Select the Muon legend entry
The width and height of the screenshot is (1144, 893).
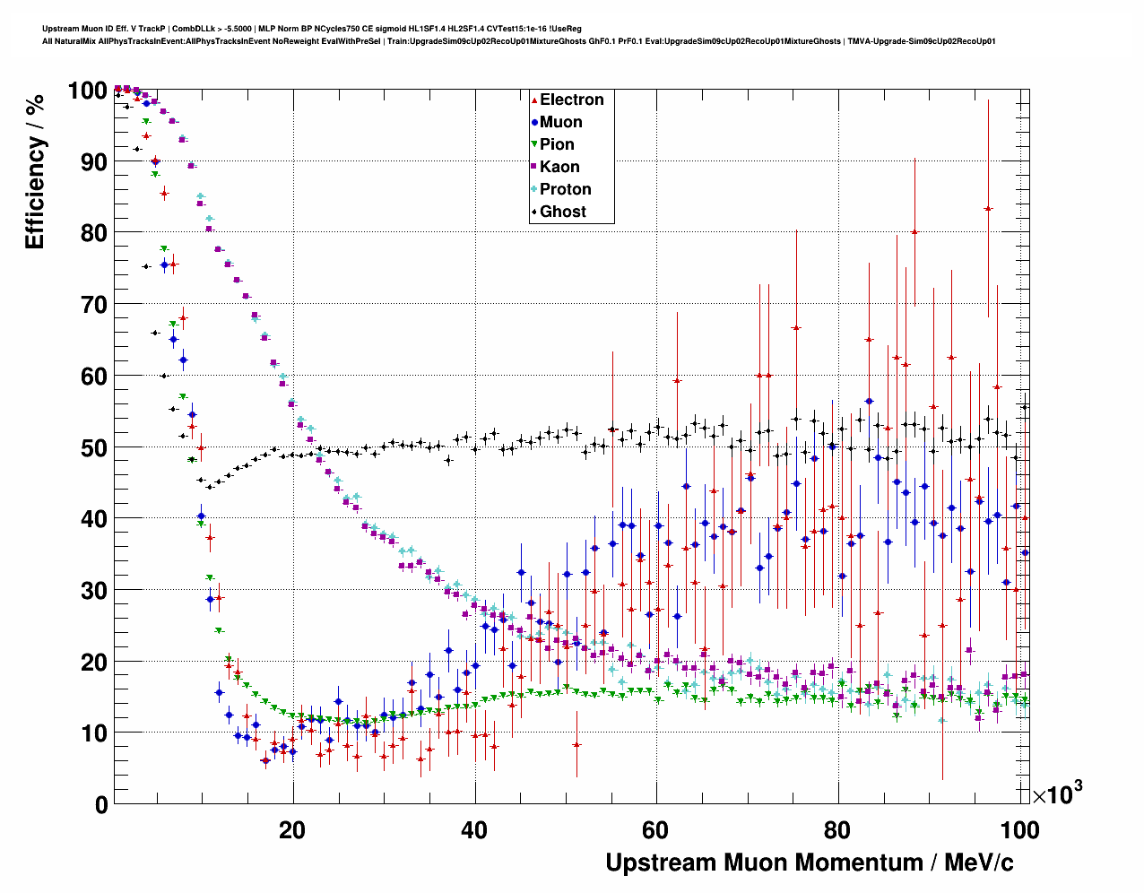tap(560, 122)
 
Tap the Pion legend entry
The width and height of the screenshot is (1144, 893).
tap(556, 144)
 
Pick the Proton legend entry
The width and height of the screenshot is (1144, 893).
tap(565, 189)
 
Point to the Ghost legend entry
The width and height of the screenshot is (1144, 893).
tap(562, 212)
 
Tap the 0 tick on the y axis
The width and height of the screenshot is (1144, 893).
tap(101, 804)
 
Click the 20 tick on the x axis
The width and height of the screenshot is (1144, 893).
tap(292, 829)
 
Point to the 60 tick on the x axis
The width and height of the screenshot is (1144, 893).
tap(655, 829)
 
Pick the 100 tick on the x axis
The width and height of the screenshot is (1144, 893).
tap(1018, 829)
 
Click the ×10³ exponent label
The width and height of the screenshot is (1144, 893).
tap(1057, 793)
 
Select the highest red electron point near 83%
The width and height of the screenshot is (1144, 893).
tap(988, 208)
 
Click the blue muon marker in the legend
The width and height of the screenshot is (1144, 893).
tap(534, 122)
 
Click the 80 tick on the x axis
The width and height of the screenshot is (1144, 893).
tap(837, 829)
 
